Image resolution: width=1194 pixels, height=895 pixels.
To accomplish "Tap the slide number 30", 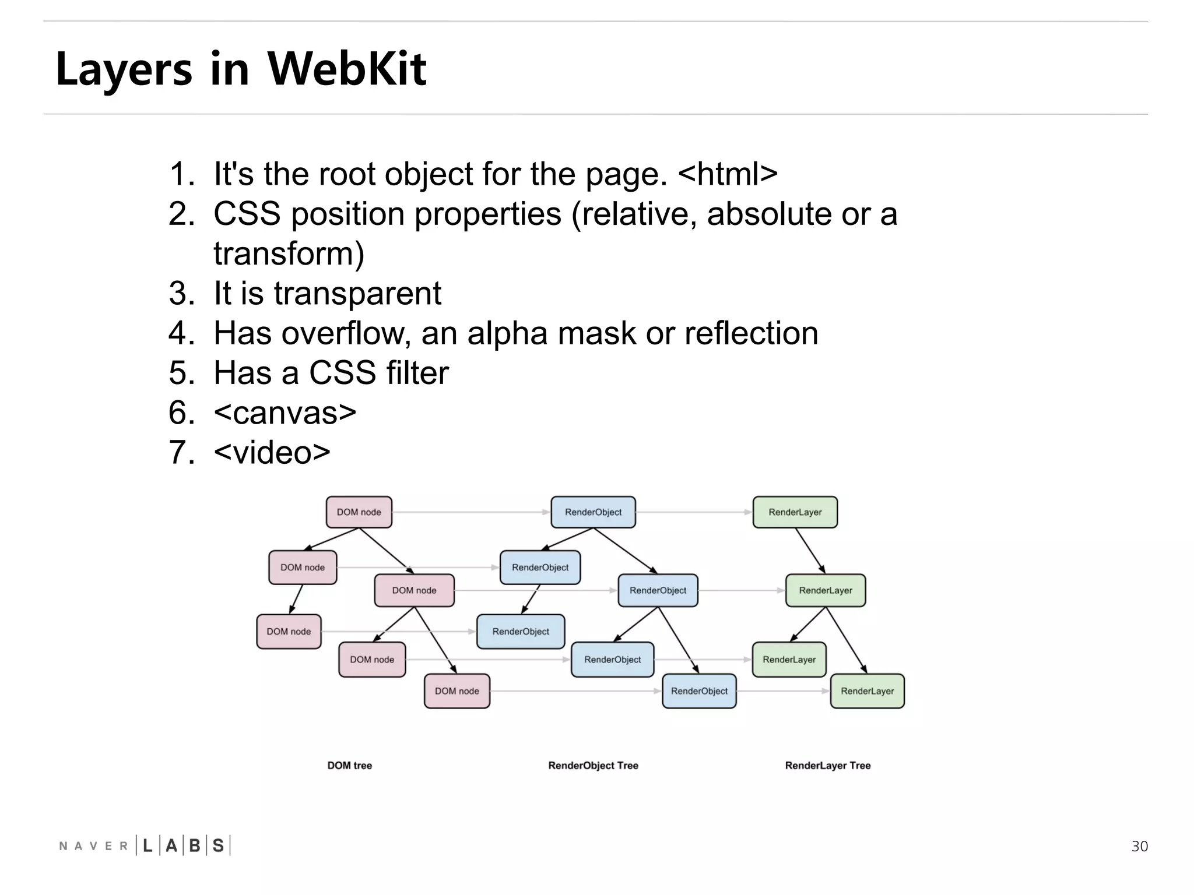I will (x=1139, y=846).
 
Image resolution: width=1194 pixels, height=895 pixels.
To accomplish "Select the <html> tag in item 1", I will (x=728, y=174).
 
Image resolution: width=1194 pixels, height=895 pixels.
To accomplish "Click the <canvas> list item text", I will (x=285, y=413).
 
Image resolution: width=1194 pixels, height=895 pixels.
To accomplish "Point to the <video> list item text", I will (x=272, y=452).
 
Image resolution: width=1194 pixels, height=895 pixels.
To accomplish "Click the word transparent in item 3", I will (x=357, y=293).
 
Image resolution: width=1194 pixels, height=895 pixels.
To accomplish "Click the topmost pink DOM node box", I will (x=359, y=512).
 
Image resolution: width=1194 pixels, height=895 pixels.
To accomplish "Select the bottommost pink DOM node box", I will (x=456, y=691).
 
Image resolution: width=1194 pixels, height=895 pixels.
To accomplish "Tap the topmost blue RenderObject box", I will (x=593, y=512).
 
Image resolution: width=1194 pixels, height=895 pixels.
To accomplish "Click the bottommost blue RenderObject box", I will (x=699, y=691).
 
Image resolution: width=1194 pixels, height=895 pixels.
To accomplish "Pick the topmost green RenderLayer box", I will (x=795, y=512).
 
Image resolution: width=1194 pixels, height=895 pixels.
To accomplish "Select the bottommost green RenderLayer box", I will (x=867, y=691).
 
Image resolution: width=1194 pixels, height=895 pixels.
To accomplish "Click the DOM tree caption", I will (x=349, y=766).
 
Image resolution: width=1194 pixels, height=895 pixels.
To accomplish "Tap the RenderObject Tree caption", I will (x=593, y=766).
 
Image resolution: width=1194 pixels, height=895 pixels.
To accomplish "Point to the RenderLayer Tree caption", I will (x=827, y=766).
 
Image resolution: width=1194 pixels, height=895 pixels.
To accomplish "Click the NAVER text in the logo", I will (x=93, y=846).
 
